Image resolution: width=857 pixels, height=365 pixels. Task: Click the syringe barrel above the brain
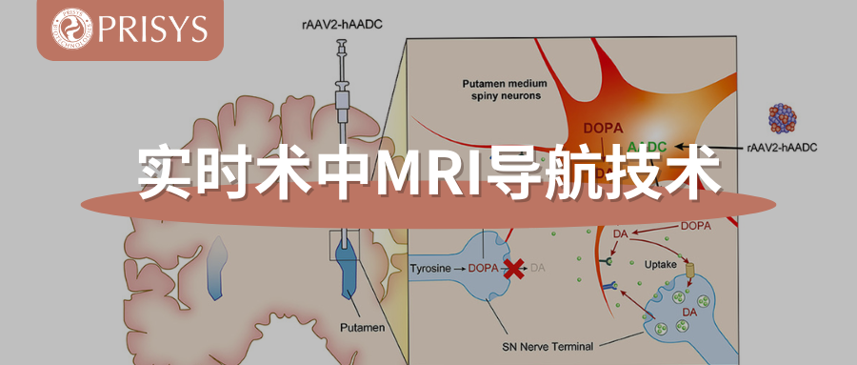pyautogui.click(x=341, y=95)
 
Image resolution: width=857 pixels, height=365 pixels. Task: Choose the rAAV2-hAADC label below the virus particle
pyautogui.click(x=783, y=148)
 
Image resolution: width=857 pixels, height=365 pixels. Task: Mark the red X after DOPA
pyautogui.click(x=514, y=269)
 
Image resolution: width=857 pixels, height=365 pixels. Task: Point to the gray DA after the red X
pyautogui.click(x=539, y=269)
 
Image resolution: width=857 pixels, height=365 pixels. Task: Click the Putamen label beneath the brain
pyautogui.click(x=363, y=327)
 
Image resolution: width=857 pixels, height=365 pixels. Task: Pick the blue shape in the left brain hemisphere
pyautogui.click(x=216, y=263)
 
